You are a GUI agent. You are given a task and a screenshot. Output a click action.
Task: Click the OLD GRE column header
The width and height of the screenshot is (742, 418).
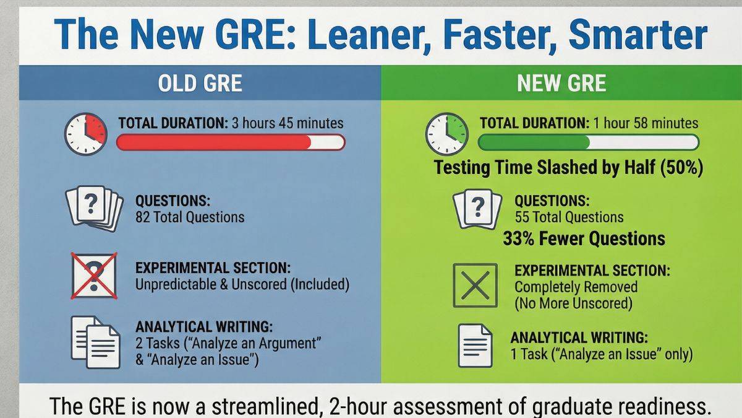point(200,83)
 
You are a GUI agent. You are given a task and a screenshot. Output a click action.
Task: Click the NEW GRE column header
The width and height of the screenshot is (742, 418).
point(561,83)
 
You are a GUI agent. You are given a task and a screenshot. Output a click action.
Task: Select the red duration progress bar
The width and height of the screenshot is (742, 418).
point(231,142)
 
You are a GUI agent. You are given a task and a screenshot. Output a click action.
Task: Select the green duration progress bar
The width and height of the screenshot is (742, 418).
point(588,142)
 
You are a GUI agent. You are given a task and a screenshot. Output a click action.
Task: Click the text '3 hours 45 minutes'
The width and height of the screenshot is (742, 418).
point(288,123)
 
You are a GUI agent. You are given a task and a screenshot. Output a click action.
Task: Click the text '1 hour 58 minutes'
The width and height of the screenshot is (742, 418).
point(646,123)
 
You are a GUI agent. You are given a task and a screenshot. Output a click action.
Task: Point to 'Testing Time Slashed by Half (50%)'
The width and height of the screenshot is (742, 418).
point(568,168)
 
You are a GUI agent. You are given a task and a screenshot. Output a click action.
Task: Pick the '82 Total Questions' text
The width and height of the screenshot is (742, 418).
point(190,217)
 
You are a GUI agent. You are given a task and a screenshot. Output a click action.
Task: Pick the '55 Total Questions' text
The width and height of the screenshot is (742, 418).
point(569,217)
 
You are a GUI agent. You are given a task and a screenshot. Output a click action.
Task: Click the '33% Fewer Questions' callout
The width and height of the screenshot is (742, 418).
point(584,238)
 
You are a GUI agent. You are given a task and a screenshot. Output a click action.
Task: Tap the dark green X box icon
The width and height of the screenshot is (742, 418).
point(475,285)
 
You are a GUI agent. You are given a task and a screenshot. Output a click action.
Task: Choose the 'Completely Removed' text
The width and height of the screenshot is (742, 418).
point(576,287)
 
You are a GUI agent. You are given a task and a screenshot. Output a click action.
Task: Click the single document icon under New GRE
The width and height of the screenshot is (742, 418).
point(474,345)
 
